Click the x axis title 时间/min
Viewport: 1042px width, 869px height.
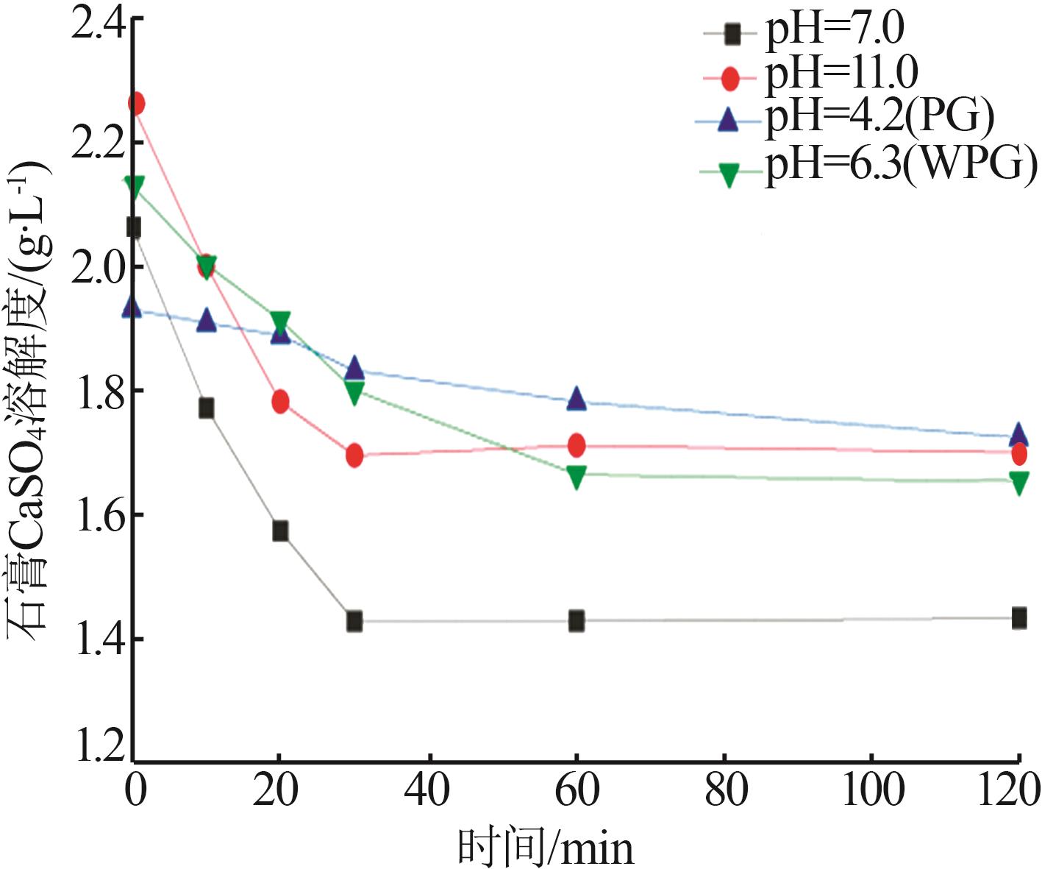coord(545,847)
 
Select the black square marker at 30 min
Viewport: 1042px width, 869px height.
coord(354,621)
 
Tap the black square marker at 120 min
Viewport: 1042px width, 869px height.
coord(1019,618)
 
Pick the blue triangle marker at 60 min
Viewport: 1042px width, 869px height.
coord(577,399)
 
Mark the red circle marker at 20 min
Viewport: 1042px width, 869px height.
coord(280,402)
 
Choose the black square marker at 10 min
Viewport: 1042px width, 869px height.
coord(207,408)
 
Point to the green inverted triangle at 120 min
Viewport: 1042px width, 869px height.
coord(1019,483)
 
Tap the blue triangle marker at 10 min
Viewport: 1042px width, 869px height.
coord(207,321)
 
